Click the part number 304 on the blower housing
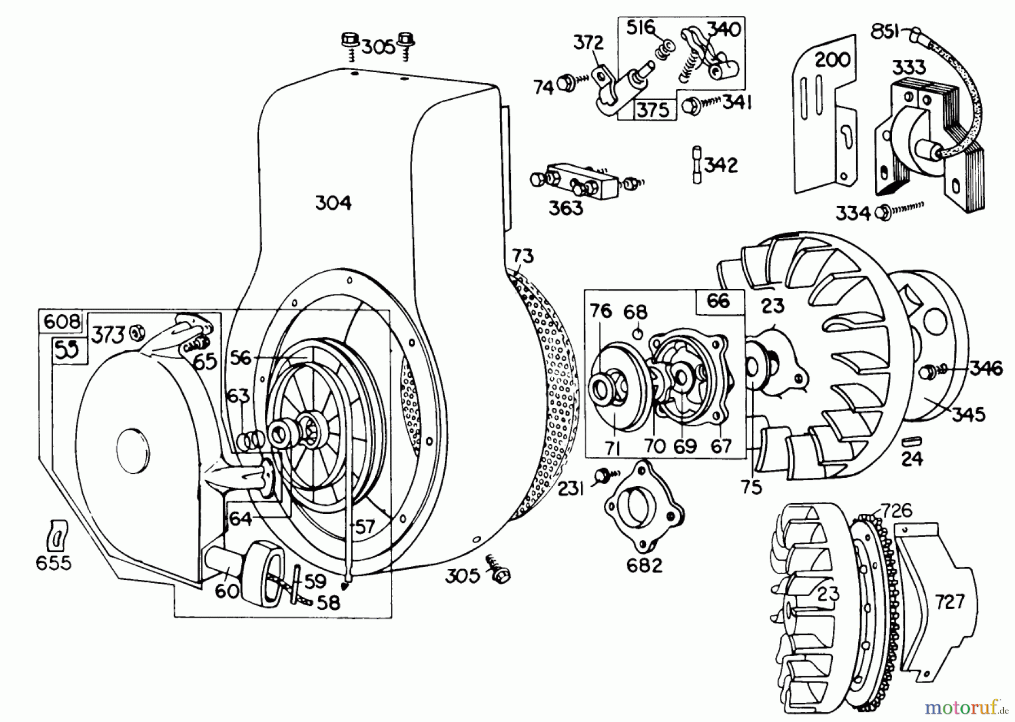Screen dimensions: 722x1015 [x=333, y=203]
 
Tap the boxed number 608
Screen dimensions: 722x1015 [x=61, y=322]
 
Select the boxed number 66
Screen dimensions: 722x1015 [x=718, y=301]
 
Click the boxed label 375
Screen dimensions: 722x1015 [x=652, y=109]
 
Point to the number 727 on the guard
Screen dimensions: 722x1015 [x=950, y=602]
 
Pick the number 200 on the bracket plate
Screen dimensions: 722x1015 [x=832, y=59]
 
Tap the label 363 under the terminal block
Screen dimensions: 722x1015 [x=566, y=208]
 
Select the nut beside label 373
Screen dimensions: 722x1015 [x=135, y=333]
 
